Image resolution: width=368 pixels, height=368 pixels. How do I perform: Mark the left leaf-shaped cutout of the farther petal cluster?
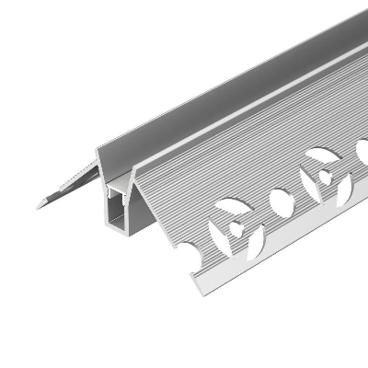(x=308, y=179)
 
